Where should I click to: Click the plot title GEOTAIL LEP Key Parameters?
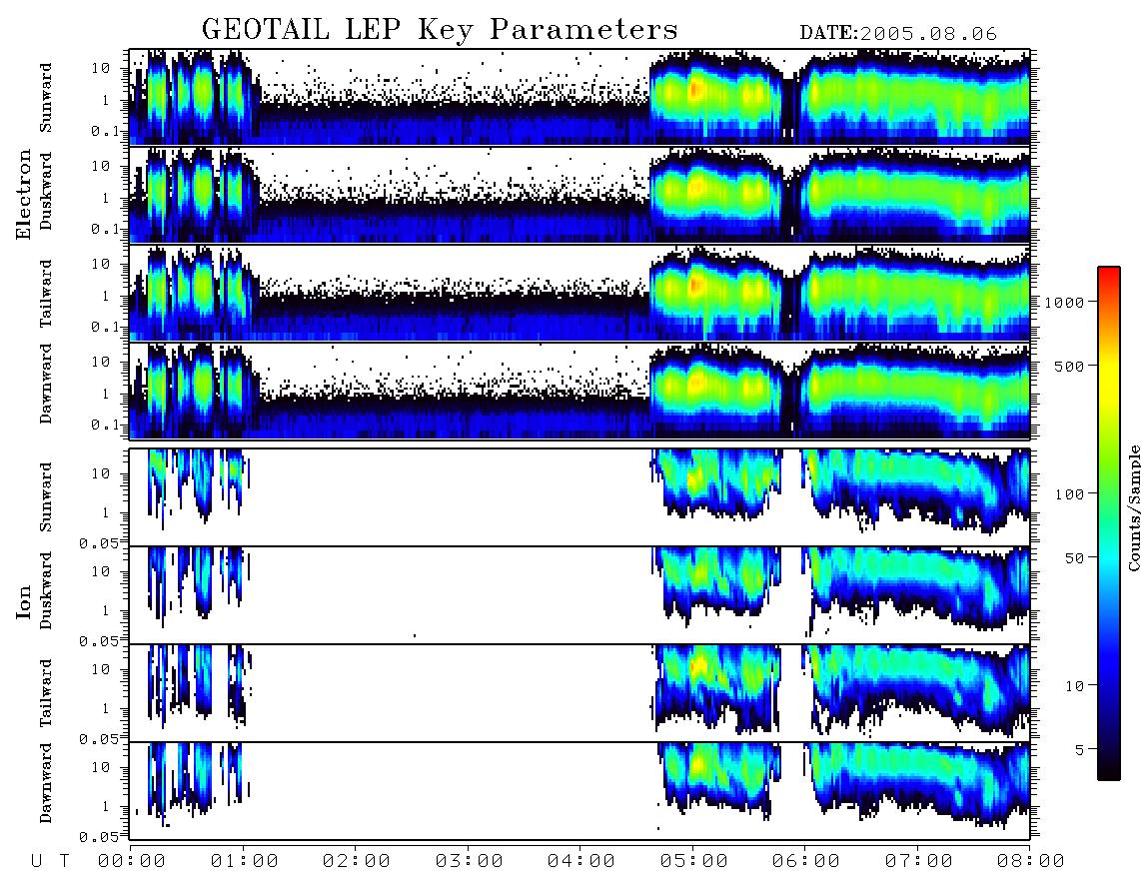tap(440, 30)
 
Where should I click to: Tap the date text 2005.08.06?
tap(928, 34)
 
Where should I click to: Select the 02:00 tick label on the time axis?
tap(356, 861)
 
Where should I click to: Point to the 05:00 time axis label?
tap(693, 861)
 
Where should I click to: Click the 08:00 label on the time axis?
tap(1030, 861)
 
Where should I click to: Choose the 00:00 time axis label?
tap(131, 861)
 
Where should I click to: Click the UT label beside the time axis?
tap(50, 861)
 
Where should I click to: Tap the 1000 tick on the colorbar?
tap(1064, 302)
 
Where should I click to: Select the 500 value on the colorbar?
tap(1069, 366)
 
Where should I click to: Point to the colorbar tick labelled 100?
tap(1069, 494)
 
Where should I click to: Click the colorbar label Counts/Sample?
tap(1133, 507)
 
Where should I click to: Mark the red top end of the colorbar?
tap(1109, 270)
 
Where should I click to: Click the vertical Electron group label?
tap(24, 194)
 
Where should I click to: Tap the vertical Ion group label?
tap(24, 601)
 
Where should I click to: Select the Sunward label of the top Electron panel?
tap(46, 98)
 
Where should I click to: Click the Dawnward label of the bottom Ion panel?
tap(46, 782)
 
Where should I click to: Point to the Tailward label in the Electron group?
tap(46, 293)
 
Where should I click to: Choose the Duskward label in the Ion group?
tap(46, 590)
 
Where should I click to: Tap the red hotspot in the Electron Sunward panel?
tap(694, 90)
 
